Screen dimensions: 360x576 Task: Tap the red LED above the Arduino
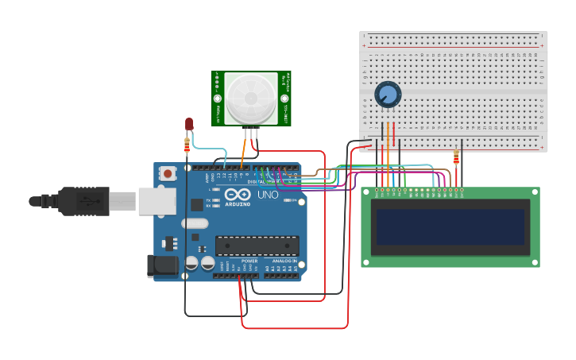[x=189, y=124]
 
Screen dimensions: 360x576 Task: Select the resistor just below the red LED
[x=187, y=145]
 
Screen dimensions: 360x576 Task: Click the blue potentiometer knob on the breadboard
[x=388, y=95]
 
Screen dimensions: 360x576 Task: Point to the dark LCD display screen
[x=450, y=227]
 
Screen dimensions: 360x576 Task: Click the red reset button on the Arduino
[x=167, y=172]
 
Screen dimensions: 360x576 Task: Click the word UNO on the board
[x=269, y=195]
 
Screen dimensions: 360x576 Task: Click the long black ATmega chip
[x=257, y=246]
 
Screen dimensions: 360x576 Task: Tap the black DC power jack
[x=162, y=265]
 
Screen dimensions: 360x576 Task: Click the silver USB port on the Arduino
[x=157, y=201]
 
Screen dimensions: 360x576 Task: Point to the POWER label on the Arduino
[x=249, y=261]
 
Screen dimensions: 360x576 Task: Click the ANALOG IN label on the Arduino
[x=284, y=261]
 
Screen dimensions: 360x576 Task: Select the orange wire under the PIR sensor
[x=244, y=149]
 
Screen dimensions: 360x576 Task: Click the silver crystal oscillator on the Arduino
[x=195, y=223]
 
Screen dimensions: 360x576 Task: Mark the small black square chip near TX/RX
[x=195, y=204]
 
